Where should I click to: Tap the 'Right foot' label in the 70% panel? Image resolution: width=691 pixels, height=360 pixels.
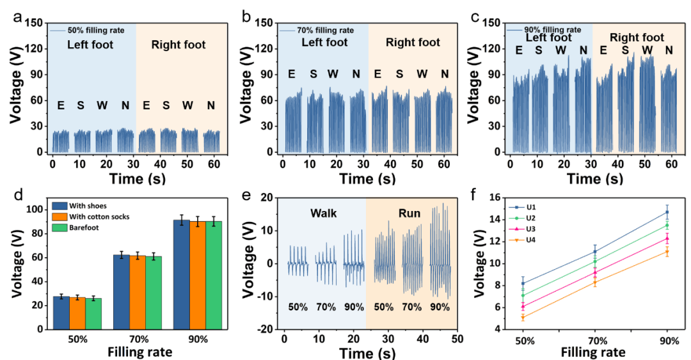click(413, 43)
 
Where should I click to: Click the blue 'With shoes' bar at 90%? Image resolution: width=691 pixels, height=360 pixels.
click(181, 275)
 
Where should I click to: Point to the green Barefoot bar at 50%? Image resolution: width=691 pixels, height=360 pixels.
click(93, 313)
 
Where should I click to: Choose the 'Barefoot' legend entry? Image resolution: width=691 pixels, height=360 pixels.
click(93, 226)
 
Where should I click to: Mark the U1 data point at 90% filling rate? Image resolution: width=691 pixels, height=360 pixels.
click(667, 212)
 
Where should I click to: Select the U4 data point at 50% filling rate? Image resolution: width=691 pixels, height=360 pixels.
click(523, 317)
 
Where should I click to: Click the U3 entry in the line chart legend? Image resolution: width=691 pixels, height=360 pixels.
click(530, 229)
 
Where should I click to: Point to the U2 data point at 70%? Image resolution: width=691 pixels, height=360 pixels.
click(595, 261)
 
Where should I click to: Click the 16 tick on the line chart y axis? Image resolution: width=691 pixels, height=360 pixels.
click(496, 198)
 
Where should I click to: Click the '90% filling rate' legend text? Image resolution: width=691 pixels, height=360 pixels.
click(552, 29)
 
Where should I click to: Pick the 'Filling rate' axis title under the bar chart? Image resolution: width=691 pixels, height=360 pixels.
click(131, 351)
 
